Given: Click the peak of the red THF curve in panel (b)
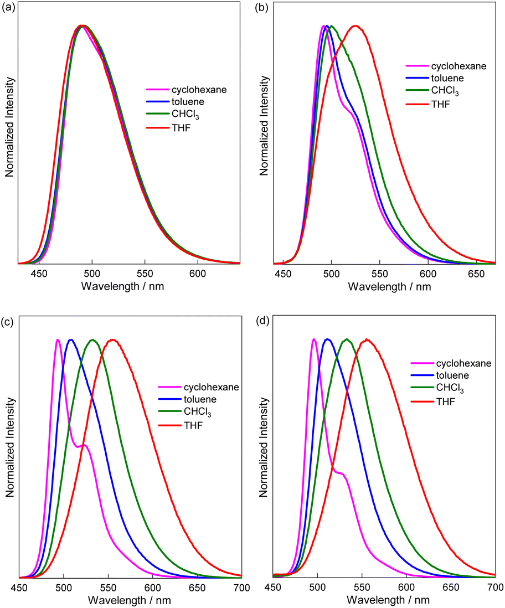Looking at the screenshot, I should pyautogui.click(x=355, y=25).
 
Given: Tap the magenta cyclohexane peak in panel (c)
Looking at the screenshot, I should pyautogui.click(x=58, y=339).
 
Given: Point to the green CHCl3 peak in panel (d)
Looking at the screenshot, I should pyautogui.click(x=347, y=339).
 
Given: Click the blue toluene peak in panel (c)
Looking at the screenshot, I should pyautogui.click(x=70, y=339).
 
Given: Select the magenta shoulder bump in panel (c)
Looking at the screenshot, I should pyautogui.click(x=84, y=445).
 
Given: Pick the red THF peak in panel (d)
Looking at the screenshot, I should pyautogui.click(x=365, y=339).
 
